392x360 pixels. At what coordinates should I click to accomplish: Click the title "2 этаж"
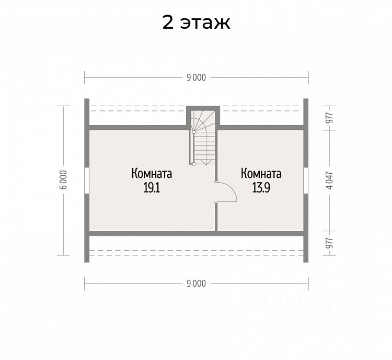(x=196, y=24)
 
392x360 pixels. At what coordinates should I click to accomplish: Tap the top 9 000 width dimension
(x=196, y=77)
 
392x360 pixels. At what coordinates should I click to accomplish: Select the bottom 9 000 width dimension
(x=196, y=283)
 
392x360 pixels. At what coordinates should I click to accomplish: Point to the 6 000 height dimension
(x=63, y=180)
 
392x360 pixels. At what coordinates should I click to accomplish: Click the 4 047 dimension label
(x=329, y=180)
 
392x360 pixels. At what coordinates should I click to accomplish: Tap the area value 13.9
(x=261, y=187)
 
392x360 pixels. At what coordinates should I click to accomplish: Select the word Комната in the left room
(x=152, y=174)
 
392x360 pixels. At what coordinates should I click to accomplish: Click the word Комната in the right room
(x=261, y=174)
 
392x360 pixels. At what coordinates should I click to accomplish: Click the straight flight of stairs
(x=204, y=149)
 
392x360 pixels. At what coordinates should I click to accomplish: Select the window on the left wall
(x=87, y=180)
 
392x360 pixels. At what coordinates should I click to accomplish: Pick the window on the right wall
(x=306, y=180)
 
